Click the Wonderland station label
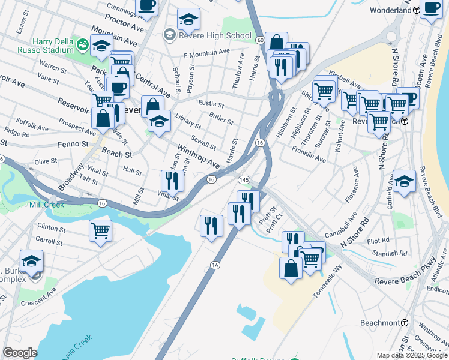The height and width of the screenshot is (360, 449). tap(391, 10)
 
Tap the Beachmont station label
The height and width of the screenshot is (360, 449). tap(379, 323)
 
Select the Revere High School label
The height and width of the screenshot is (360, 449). tap(215, 35)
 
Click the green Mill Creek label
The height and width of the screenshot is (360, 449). tap(46, 205)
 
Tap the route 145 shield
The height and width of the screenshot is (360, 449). tap(244, 180)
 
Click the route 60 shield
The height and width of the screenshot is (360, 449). tap(259, 40)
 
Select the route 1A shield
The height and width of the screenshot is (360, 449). tap(214, 265)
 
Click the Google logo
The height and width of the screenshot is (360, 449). tap(20, 353)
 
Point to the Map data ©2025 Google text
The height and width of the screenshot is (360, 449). tap(411, 355)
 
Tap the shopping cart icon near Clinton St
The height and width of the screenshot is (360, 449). tap(101, 230)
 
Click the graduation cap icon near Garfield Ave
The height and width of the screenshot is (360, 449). tap(404, 181)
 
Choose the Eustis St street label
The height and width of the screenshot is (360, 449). tap(211, 104)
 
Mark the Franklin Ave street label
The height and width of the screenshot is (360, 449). tap(309, 157)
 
